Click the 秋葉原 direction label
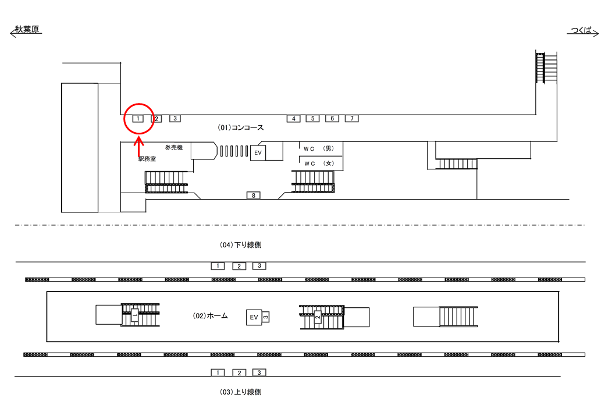(27, 30)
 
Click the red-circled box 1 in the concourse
(138, 119)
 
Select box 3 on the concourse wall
(175, 119)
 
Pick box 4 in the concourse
(294, 119)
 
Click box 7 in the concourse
(351, 119)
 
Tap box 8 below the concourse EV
(253, 195)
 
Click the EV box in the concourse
(258, 153)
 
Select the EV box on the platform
(254, 317)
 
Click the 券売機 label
(174, 148)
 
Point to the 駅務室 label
(147, 159)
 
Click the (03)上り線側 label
(240, 392)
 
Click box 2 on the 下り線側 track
(239, 266)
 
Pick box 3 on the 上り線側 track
(259, 372)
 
